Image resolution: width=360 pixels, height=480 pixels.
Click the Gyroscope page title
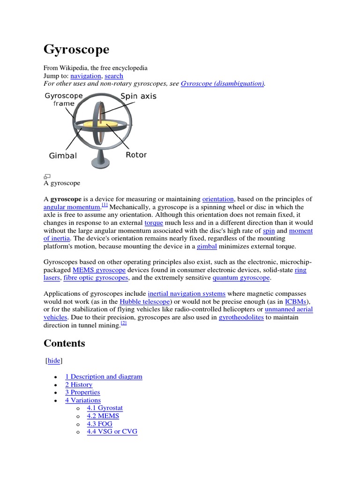[76, 49]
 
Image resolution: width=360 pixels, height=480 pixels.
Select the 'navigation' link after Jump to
[86, 76]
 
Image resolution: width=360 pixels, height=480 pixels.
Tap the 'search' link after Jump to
[114, 76]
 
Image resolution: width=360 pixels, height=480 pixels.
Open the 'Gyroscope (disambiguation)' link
[223, 83]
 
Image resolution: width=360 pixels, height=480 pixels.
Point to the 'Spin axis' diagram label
[139, 96]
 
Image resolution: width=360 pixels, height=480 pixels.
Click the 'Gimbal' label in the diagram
[63, 155]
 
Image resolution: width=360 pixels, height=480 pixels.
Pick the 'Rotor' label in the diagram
[136, 155]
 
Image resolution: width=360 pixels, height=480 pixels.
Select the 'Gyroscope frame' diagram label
[63, 99]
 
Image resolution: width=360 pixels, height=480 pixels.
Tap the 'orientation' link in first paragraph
[218, 199]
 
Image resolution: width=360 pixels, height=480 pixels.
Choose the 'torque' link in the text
[154, 223]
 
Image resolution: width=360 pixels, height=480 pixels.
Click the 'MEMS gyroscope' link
[99, 270]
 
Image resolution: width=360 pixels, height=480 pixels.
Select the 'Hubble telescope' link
[145, 302]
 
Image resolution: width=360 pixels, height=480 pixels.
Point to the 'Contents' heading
[65, 344]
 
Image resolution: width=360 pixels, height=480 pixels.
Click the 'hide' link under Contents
[54, 361]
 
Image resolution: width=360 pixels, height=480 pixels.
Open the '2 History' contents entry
[79, 384]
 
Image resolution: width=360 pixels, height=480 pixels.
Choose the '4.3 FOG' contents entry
[99, 424]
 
